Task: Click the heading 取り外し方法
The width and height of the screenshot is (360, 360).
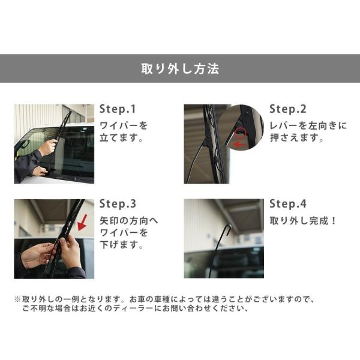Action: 179,68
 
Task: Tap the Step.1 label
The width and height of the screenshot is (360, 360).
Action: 118,109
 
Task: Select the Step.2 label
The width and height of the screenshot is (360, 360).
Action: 287,109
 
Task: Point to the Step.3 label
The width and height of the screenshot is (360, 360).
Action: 118,204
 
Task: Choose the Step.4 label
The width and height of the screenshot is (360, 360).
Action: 288,204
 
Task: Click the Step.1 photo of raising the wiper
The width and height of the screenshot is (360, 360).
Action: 54,144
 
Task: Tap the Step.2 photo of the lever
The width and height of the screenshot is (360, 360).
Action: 223,144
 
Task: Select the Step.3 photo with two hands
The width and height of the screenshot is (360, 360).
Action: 54,239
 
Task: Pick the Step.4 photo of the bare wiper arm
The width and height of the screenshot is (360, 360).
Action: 223,239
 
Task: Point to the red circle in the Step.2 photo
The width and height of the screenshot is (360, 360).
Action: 241,133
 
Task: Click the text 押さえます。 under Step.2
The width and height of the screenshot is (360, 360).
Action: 295,139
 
